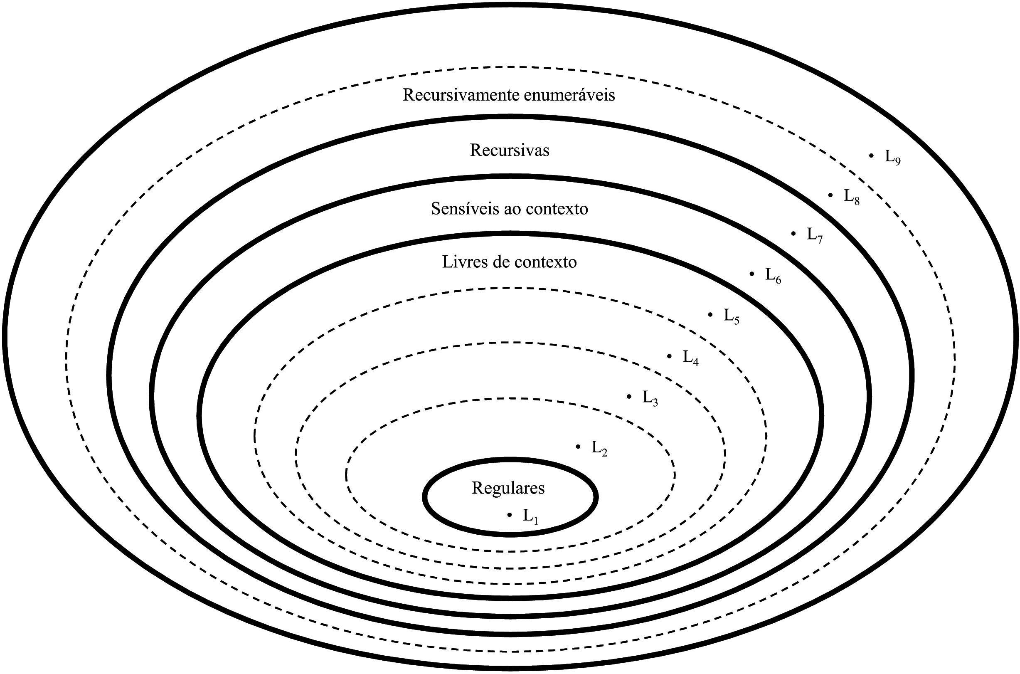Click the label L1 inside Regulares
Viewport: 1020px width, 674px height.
(530, 516)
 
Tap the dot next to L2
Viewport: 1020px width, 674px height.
(578, 447)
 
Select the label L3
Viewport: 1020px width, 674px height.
(650, 398)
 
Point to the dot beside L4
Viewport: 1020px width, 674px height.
(669, 356)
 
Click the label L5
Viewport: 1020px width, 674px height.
(731, 316)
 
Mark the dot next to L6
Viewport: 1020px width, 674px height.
(752, 273)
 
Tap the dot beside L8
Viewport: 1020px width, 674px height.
(830, 195)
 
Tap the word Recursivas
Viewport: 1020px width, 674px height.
(510, 151)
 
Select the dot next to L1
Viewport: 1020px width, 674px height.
(510, 514)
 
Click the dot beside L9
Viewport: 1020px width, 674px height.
(871, 156)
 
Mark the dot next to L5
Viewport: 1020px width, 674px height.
(710, 315)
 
